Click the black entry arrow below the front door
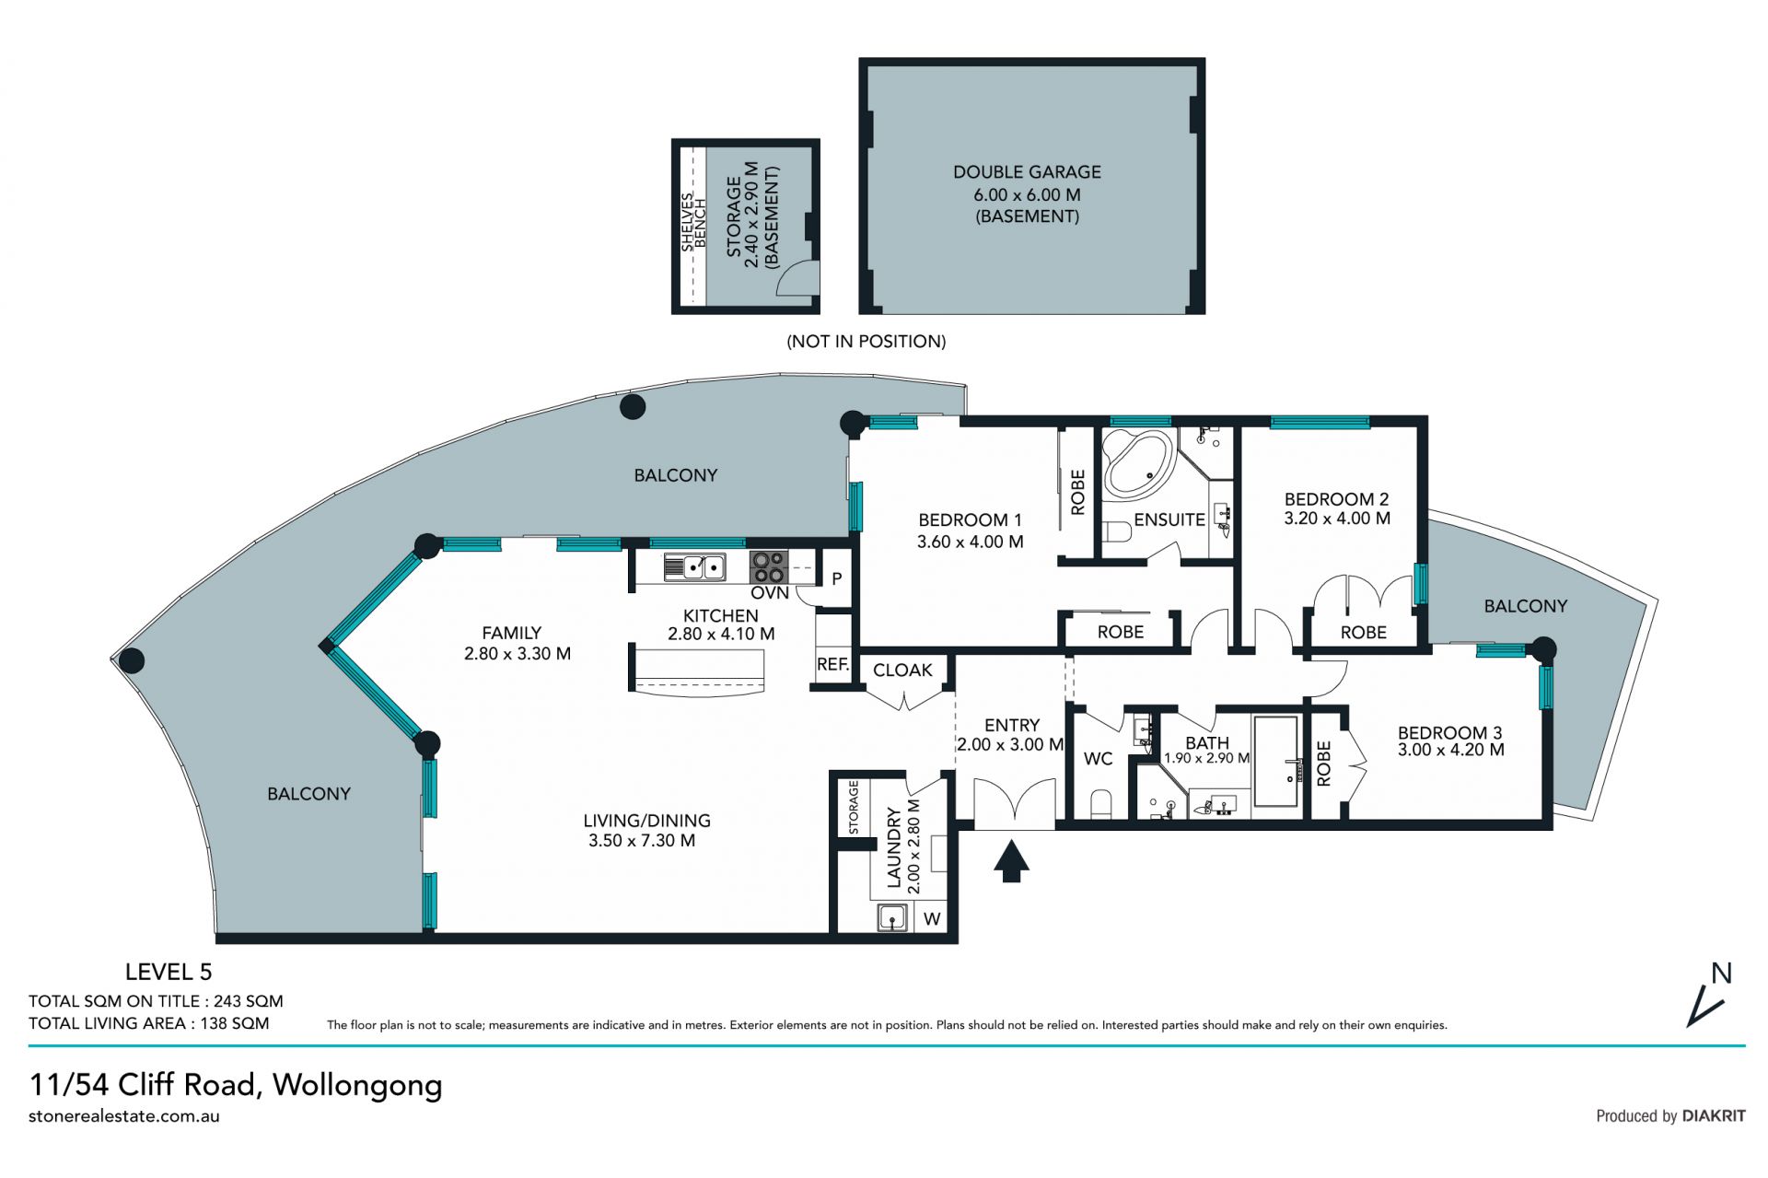pyautogui.click(x=1011, y=861)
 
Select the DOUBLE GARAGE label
pyautogui.click(x=1027, y=172)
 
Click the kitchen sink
pyautogui.click(x=694, y=566)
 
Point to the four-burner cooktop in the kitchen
pyautogui.click(x=768, y=566)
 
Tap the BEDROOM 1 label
pyautogui.click(x=970, y=519)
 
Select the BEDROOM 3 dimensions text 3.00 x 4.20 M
pyautogui.click(x=1451, y=751)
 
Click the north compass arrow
pyautogui.click(x=1704, y=1008)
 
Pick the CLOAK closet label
pyautogui.click(x=902, y=671)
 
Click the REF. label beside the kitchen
pyautogui.click(x=832, y=664)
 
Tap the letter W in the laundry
pyautogui.click(x=932, y=919)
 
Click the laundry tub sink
pyautogui.click(x=892, y=918)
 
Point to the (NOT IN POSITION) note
pyautogui.click(x=866, y=342)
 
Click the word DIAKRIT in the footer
pyautogui.click(x=1714, y=1116)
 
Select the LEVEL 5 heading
pyautogui.click(x=169, y=972)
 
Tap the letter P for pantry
pyautogui.click(x=837, y=579)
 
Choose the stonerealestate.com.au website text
pyautogui.click(x=124, y=1116)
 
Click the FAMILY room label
pyautogui.click(x=511, y=634)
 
